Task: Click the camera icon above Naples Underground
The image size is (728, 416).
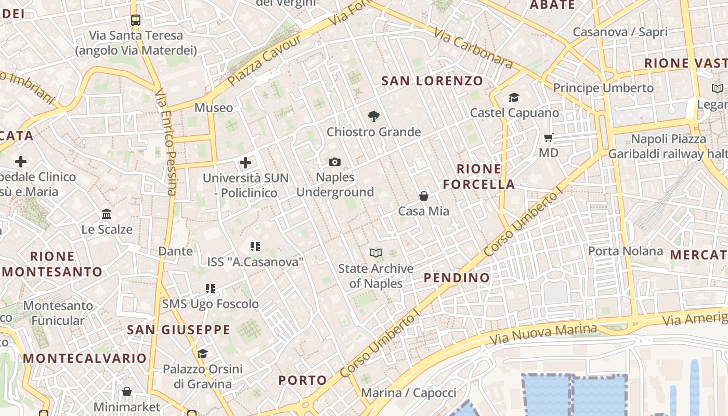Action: click(x=335, y=162)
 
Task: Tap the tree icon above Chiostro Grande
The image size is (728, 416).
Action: click(x=373, y=116)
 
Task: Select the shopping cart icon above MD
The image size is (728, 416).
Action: click(x=549, y=138)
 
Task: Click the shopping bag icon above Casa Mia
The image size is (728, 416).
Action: click(x=424, y=196)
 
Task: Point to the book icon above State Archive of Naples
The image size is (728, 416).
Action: click(x=375, y=253)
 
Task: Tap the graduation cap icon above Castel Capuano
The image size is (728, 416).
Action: click(x=514, y=98)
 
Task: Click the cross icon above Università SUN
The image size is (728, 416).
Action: click(x=245, y=163)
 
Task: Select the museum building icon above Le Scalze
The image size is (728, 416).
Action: click(x=107, y=214)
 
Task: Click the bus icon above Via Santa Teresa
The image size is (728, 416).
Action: click(x=136, y=20)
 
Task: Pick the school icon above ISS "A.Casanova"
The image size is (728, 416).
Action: click(x=255, y=246)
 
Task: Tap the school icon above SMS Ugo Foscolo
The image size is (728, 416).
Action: click(x=210, y=289)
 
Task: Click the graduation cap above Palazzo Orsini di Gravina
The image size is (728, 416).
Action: click(x=202, y=354)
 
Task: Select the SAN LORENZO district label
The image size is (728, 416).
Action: click(x=432, y=81)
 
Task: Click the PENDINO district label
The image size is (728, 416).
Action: click(x=457, y=278)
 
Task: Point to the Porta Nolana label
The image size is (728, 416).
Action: click(x=625, y=251)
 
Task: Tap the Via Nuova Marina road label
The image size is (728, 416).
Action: click(x=543, y=334)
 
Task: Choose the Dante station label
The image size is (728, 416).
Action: click(x=175, y=251)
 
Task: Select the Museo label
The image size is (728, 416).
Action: click(x=214, y=108)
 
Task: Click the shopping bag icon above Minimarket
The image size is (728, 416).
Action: click(x=127, y=392)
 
